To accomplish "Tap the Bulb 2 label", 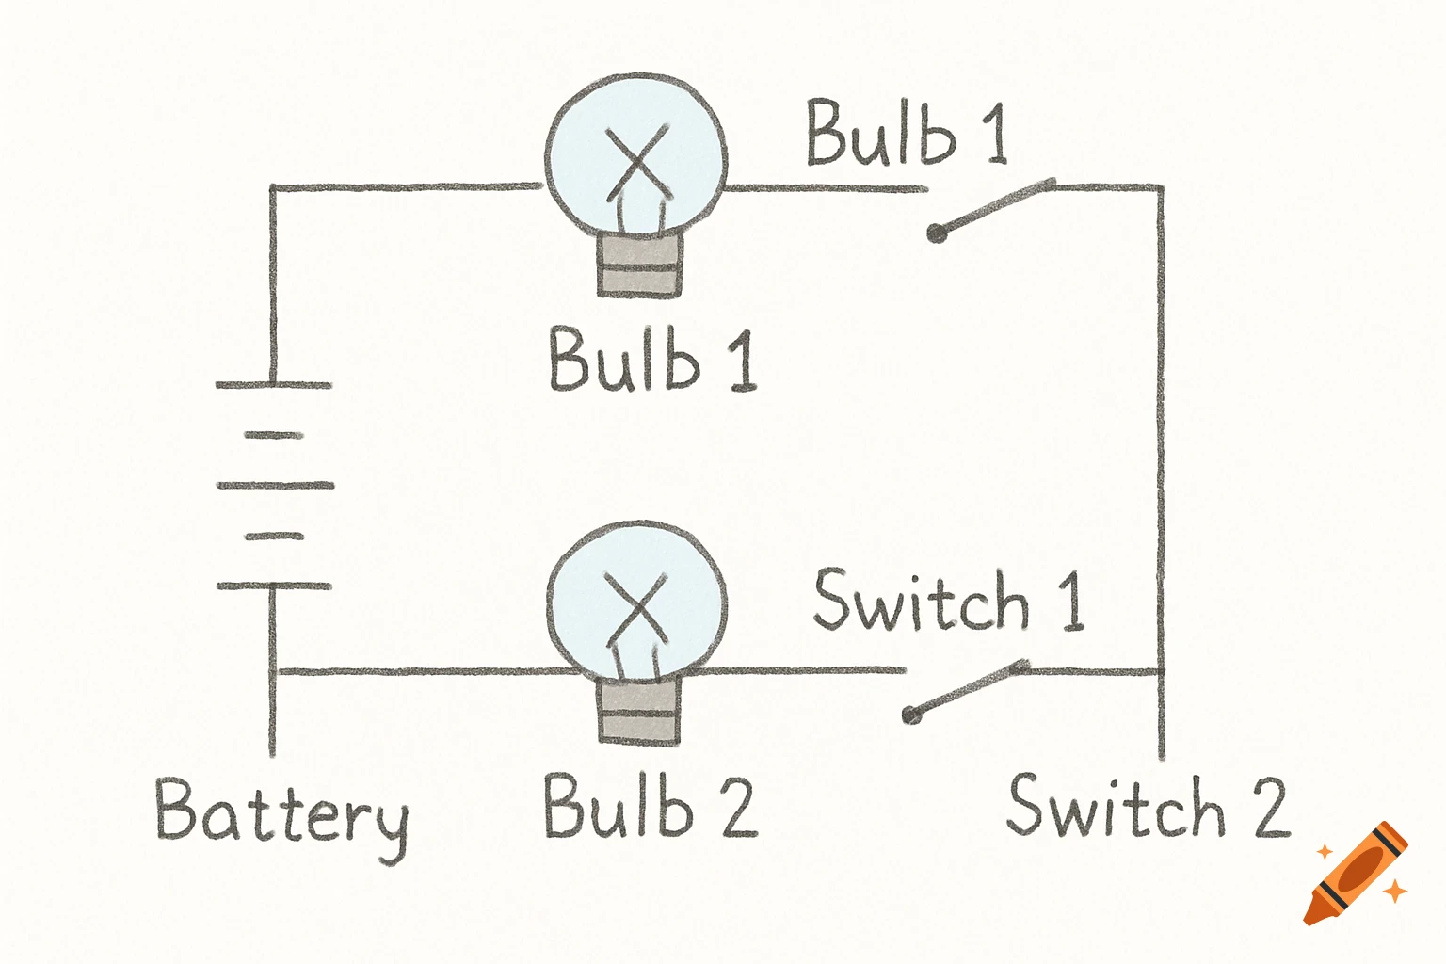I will (650, 807).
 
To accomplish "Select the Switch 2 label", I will (1146, 807).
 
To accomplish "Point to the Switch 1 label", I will (949, 602).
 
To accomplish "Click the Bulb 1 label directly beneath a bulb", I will (652, 360).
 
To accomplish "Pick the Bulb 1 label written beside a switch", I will (906, 134).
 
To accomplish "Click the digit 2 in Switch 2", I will (1270, 808).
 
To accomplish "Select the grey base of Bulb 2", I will (639, 712).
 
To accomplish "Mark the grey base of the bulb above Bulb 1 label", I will (639, 264).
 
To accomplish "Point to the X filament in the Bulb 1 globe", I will (639, 160).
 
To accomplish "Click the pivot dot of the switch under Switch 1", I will (911, 715).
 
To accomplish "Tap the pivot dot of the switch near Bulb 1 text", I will (936, 233).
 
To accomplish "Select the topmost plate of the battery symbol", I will (273, 385).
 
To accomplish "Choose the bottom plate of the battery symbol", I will (273, 586).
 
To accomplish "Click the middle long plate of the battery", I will (274, 486).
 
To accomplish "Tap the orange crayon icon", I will (1358, 874).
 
